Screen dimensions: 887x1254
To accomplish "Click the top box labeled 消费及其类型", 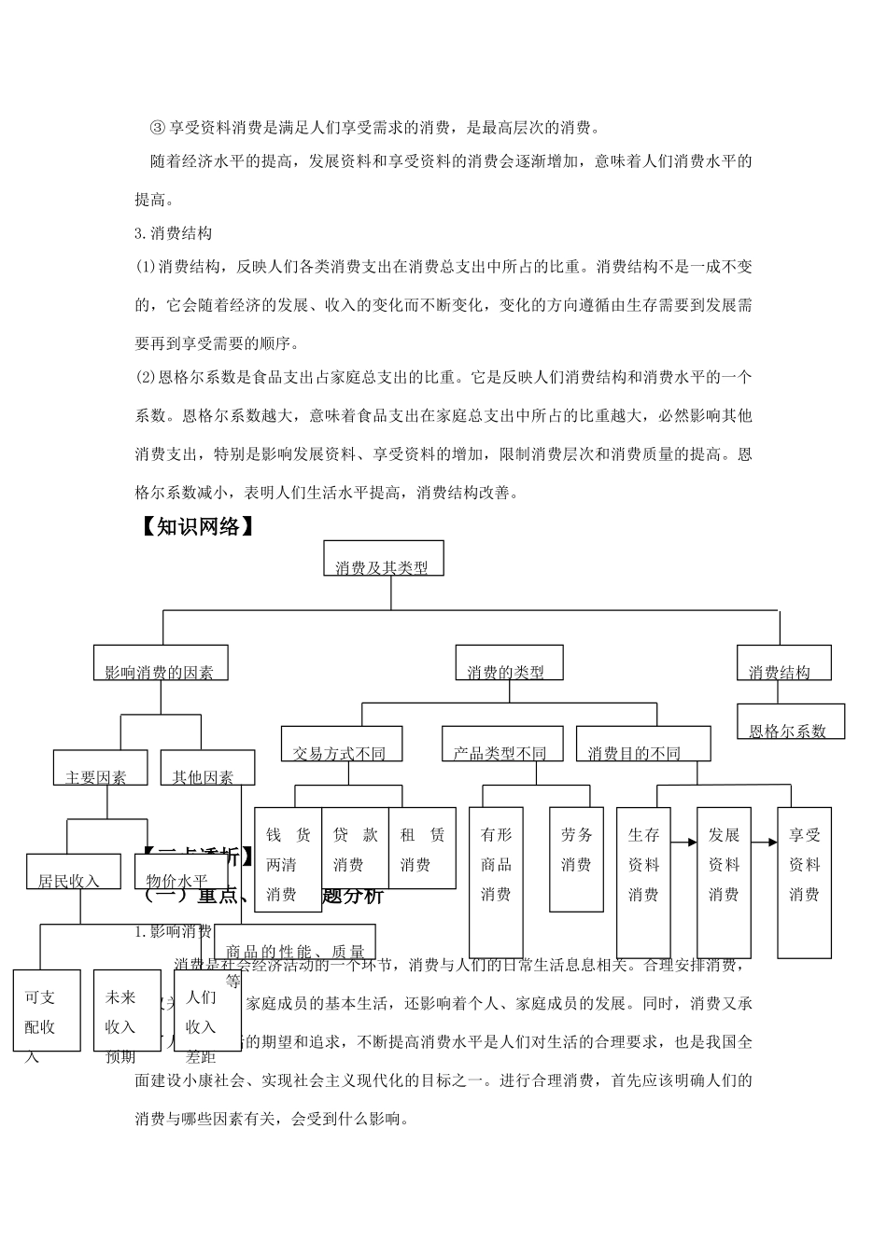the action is coord(383,558).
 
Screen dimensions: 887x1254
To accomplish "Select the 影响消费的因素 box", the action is coord(160,662).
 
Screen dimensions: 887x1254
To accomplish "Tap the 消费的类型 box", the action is coord(509,662).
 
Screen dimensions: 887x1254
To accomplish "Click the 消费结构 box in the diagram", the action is coord(783,662).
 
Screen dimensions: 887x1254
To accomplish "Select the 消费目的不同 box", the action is coord(642,744).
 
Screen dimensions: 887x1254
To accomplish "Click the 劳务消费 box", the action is coord(576,858).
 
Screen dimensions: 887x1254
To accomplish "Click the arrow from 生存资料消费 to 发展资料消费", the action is coord(684,843).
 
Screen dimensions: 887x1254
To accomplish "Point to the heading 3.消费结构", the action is coord(174,232).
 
